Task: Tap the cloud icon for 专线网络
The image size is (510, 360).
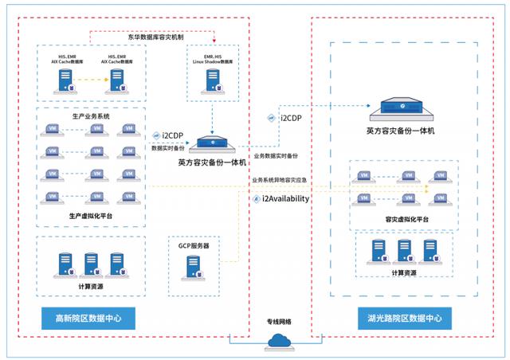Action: tap(278, 341)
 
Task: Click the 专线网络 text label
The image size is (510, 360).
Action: tap(278, 322)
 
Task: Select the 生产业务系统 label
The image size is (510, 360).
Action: tap(91, 116)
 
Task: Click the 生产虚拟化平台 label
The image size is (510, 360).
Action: tap(91, 215)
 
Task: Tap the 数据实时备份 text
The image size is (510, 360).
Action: tap(167, 148)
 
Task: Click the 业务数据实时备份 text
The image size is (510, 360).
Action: tap(276, 155)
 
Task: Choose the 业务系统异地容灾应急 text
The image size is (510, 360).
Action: tap(279, 181)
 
